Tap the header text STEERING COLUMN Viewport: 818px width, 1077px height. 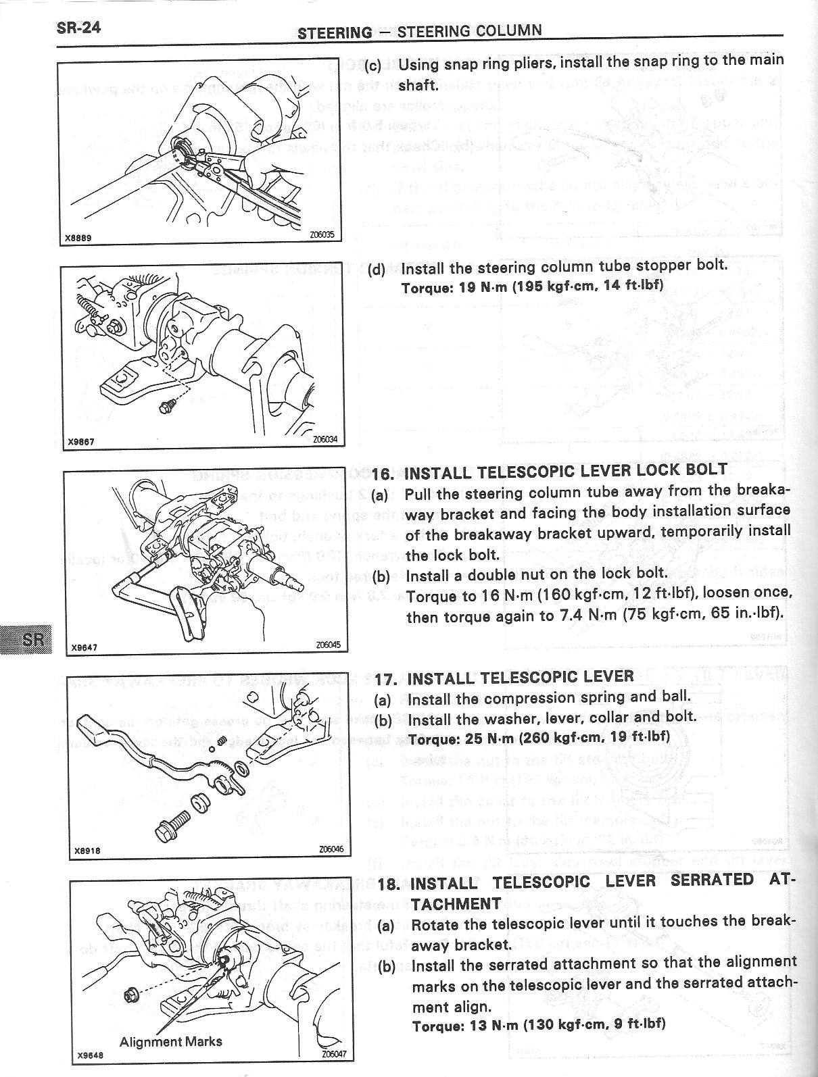(x=469, y=31)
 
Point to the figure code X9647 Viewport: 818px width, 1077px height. (x=85, y=647)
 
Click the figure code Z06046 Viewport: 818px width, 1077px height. (x=330, y=850)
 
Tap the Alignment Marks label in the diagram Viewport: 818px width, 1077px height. (x=170, y=1041)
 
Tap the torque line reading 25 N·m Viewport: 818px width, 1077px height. (x=539, y=737)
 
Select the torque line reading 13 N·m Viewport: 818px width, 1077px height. (x=539, y=1024)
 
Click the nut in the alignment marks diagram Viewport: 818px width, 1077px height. (x=131, y=995)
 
